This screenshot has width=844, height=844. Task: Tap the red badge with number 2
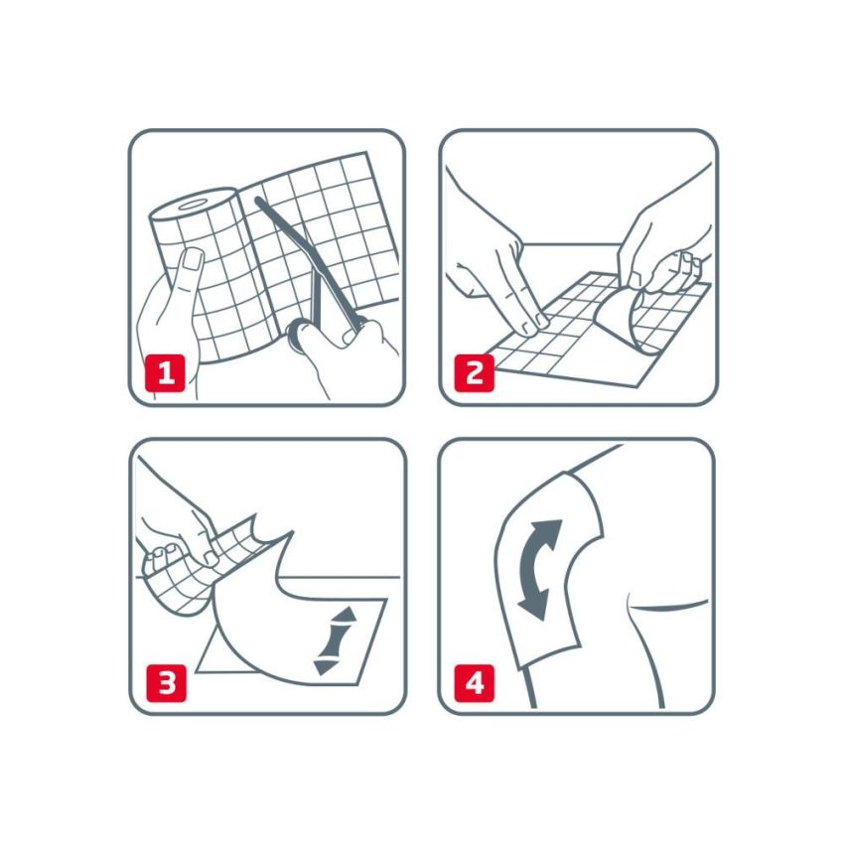(x=474, y=374)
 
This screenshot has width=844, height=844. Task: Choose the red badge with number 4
(x=474, y=684)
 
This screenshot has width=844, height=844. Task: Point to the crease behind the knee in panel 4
(x=665, y=607)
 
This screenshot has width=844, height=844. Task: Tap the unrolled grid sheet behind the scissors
(x=338, y=228)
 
